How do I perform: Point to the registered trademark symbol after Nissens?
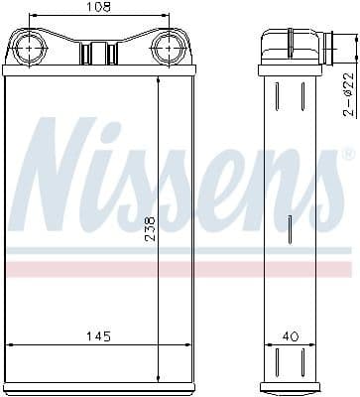tap(347, 156)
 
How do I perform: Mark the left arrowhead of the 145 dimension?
tap(10, 344)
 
